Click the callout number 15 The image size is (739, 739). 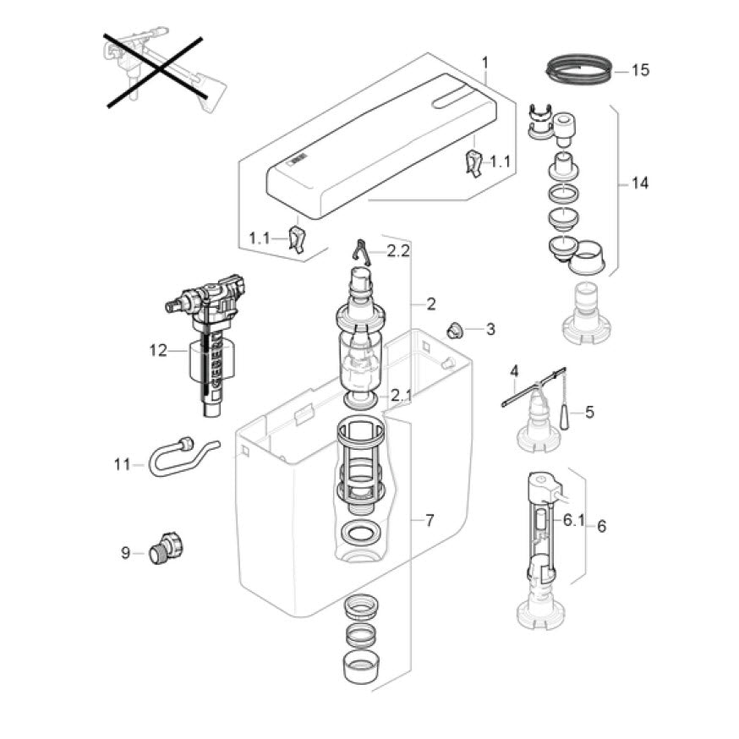640,70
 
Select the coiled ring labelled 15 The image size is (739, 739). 579,68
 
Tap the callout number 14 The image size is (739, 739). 640,183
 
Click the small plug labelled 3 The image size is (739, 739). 454,329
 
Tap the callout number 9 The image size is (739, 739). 125,553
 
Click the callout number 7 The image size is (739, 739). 430,520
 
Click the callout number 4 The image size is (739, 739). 512,370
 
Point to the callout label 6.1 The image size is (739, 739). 574,520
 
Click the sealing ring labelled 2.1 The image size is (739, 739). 362,397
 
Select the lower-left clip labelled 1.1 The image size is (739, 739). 296,239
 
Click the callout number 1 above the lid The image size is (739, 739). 484,62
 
